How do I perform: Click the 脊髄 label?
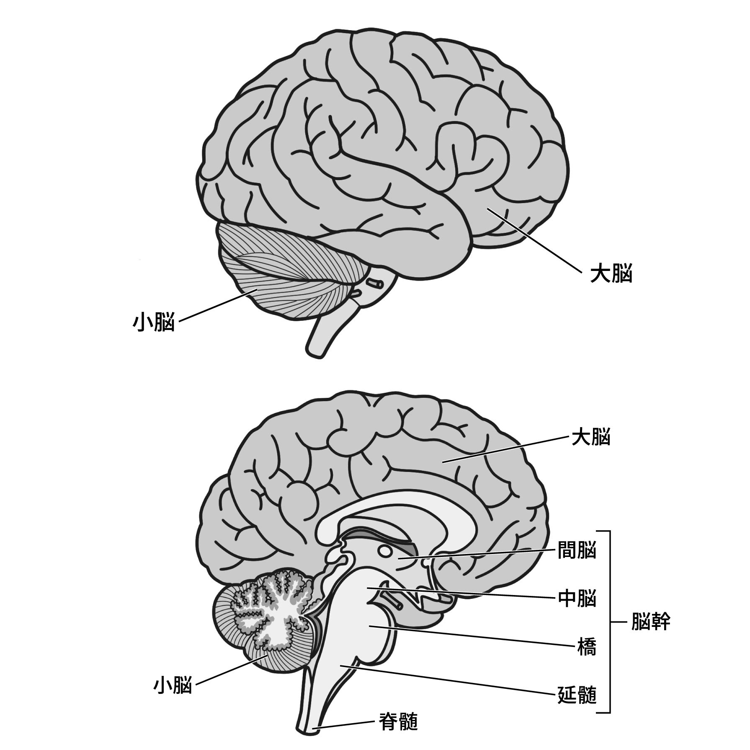click(x=398, y=722)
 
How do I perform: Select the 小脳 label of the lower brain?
click(x=173, y=686)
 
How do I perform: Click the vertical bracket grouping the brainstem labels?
click(x=609, y=622)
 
